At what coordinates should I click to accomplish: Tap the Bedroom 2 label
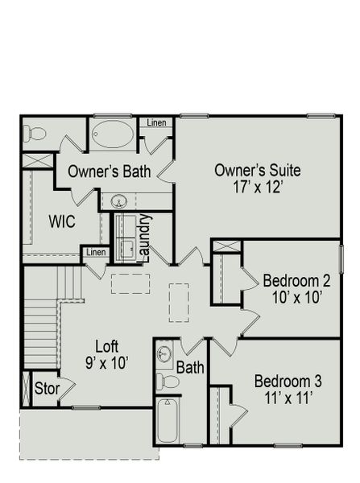click(x=296, y=281)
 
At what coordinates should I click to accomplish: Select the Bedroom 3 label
click(x=288, y=381)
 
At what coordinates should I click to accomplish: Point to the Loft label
click(x=107, y=346)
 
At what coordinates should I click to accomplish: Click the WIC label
click(x=62, y=221)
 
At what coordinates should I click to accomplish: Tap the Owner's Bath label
click(x=110, y=171)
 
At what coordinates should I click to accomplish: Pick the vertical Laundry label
click(x=146, y=237)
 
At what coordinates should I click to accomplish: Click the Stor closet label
click(x=46, y=388)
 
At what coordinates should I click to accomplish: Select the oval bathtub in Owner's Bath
click(x=113, y=134)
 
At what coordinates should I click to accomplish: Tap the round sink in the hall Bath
click(x=164, y=353)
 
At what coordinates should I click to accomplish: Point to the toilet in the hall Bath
click(x=167, y=381)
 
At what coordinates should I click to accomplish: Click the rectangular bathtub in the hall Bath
click(x=167, y=420)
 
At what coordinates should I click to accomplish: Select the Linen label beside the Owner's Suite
click(x=156, y=122)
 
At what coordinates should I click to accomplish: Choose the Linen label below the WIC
click(x=96, y=253)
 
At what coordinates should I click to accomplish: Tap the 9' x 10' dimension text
click(x=107, y=362)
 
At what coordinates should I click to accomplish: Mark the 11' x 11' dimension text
click(x=288, y=397)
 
